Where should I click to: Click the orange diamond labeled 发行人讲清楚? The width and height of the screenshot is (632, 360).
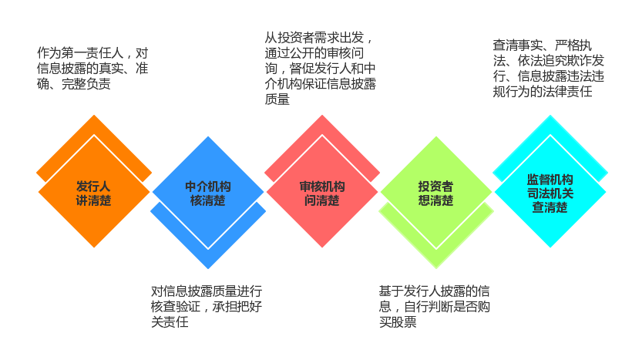pyautogui.click(x=94, y=191)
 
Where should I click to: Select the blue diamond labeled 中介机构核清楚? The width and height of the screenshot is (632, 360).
pyautogui.click(x=208, y=192)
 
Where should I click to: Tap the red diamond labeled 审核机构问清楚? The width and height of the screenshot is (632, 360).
pyautogui.click(x=322, y=191)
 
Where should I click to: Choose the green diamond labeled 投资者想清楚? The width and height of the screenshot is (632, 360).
pyautogui.click(x=436, y=192)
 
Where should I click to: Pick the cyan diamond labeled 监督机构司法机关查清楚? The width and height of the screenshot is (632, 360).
pyautogui.click(x=550, y=191)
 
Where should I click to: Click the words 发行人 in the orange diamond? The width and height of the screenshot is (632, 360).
pyautogui.click(x=93, y=187)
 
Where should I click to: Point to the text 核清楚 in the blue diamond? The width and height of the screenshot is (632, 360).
pyautogui.click(x=208, y=200)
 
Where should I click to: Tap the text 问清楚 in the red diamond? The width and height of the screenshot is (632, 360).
pyautogui.click(x=322, y=200)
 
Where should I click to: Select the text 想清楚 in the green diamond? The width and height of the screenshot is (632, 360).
pyautogui.click(x=436, y=200)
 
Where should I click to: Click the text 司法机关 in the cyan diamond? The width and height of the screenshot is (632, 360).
pyautogui.click(x=550, y=193)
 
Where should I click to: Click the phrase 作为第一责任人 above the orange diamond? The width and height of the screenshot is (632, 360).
pyautogui.click(x=80, y=53)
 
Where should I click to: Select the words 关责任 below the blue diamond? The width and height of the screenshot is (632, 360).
pyautogui.click(x=170, y=321)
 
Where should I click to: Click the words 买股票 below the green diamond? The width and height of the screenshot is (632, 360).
pyautogui.click(x=398, y=321)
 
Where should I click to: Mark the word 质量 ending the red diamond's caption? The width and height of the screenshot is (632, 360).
pyautogui.click(x=277, y=99)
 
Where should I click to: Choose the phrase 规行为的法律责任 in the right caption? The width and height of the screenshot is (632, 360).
pyautogui.click(x=543, y=91)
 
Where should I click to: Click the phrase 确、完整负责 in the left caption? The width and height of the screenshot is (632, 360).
pyautogui.click(x=74, y=83)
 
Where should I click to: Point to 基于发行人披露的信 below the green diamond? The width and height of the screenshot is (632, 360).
pyautogui.click(x=435, y=291)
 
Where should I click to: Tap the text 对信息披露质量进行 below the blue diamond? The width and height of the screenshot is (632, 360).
pyautogui.click(x=207, y=291)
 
